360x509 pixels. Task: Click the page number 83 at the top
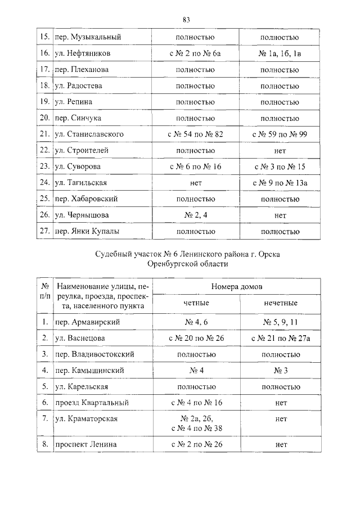click(186, 20)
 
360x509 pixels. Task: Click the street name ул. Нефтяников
click(86, 53)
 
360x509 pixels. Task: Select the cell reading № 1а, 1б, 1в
click(279, 53)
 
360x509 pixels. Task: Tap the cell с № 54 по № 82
click(195, 134)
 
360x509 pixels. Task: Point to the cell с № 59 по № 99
click(279, 134)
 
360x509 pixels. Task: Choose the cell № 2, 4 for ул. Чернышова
click(195, 215)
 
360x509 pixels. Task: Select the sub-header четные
click(196, 303)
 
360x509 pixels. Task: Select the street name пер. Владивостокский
click(95, 354)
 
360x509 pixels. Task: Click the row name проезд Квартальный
click(92, 403)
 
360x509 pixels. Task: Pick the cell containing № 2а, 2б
click(195, 420)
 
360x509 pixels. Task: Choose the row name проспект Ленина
click(85, 444)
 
